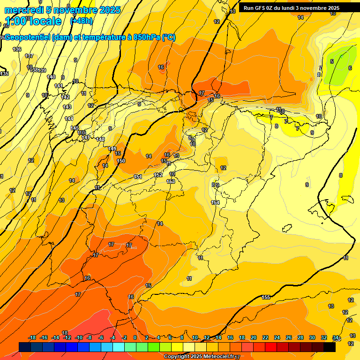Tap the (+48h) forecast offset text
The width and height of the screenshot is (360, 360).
(x=81, y=21)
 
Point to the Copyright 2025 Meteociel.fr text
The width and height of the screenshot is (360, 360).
(x=199, y=356)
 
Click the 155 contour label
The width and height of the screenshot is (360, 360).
(x=266, y=297)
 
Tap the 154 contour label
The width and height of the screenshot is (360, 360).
(x=215, y=202)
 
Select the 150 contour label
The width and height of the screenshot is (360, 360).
(x=121, y=161)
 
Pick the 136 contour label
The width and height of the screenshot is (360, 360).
(x=17, y=49)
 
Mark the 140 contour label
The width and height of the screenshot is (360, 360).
(x=51, y=77)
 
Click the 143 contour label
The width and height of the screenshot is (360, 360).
(x=67, y=107)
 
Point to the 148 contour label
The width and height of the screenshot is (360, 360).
(x=100, y=139)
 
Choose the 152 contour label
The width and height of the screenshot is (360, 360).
(x=158, y=175)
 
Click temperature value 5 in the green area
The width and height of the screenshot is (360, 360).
(x=332, y=61)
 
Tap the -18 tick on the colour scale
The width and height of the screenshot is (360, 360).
(x=32, y=337)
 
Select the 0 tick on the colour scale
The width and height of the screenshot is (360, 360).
(x=135, y=337)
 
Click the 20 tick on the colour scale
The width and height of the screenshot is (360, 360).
(x=254, y=337)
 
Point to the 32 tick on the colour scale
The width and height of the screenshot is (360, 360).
(x=324, y=337)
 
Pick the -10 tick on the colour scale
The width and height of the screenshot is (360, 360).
(x=79, y=337)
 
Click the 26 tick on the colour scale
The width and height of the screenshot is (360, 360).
(x=289, y=337)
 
